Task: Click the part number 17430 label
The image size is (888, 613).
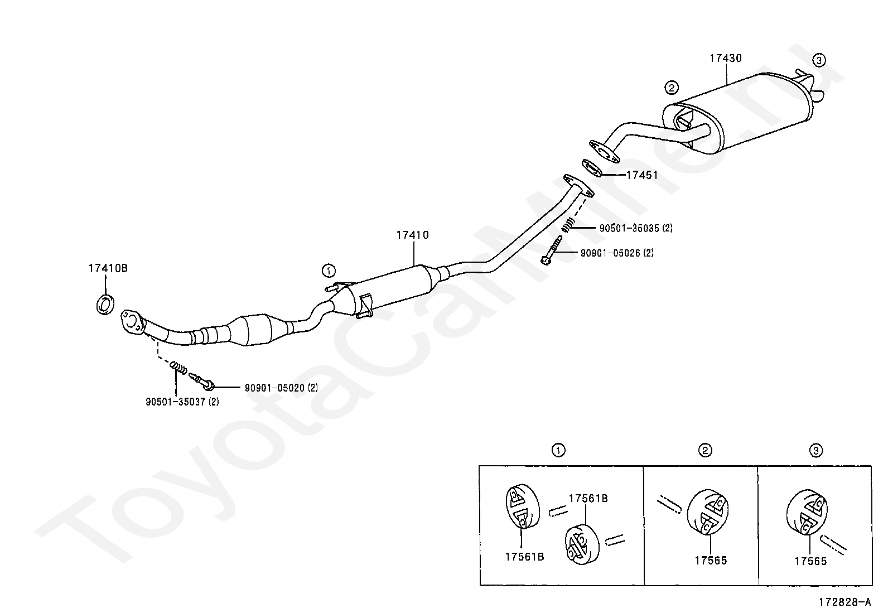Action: [x=725, y=58]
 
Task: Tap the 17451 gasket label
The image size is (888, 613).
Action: [x=641, y=175]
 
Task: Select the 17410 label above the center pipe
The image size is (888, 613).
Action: [x=412, y=235]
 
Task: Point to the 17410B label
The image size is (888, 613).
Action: [x=108, y=268]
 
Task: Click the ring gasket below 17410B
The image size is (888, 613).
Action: [x=105, y=305]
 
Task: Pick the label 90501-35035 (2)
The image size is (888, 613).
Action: [x=636, y=228]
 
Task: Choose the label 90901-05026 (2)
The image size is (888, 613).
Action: [x=617, y=253]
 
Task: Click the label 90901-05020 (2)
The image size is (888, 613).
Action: [x=281, y=388]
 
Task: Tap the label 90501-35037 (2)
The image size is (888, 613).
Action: [x=182, y=402]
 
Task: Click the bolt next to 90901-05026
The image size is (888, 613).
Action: [x=552, y=250]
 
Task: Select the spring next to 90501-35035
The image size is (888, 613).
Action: [x=568, y=225]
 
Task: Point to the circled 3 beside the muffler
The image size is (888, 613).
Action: [x=819, y=60]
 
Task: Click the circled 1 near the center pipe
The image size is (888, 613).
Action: [x=329, y=271]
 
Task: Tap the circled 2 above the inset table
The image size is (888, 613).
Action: [x=705, y=451]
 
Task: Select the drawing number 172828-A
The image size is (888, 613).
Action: [x=845, y=602]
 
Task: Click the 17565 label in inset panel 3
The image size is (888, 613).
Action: [x=810, y=561]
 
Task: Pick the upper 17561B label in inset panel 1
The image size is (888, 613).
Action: [x=588, y=499]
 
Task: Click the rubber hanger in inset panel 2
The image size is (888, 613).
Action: [x=708, y=511]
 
